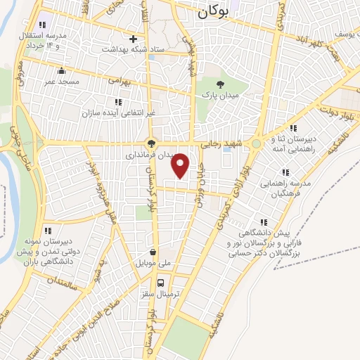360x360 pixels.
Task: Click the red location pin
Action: click(x=181, y=165)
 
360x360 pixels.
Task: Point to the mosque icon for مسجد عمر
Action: click(x=62, y=70)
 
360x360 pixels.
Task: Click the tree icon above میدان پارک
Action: click(x=221, y=84)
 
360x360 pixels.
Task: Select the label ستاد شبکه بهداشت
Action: click(x=133, y=49)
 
